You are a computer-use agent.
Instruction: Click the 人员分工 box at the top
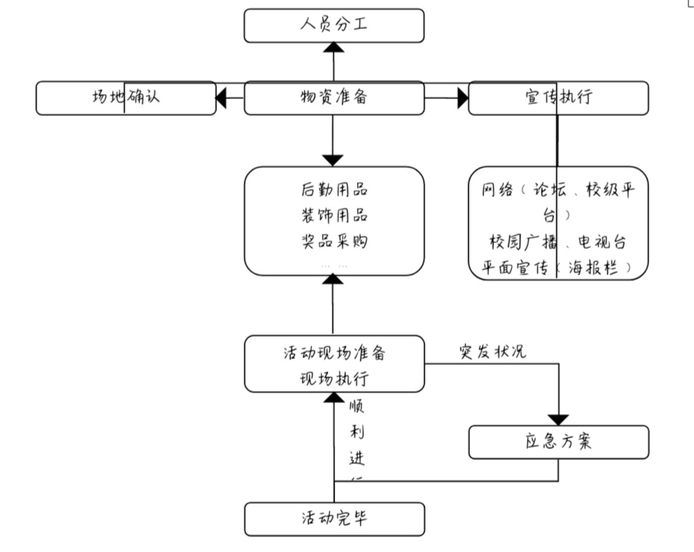[334, 26]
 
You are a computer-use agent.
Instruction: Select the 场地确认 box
[126, 98]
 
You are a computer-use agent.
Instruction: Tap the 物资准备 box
[334, 98]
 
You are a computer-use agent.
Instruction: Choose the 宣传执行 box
[558, 98]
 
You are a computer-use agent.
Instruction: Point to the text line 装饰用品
[334, 215]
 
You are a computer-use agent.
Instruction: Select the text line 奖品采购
[334, 242]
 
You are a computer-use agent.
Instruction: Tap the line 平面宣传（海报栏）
[558, 267]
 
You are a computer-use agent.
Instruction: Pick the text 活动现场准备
[334, 353]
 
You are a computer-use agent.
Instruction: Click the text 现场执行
[334, 379]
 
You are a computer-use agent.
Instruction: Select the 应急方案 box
[558, 442]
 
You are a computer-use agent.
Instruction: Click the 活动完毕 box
[334, 519]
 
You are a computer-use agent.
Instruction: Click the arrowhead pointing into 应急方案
[558, 419]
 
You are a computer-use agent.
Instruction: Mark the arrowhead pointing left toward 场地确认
[222, 99]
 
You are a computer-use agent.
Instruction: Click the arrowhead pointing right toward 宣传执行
[462, 99]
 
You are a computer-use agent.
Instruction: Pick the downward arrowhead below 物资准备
[334, 159]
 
